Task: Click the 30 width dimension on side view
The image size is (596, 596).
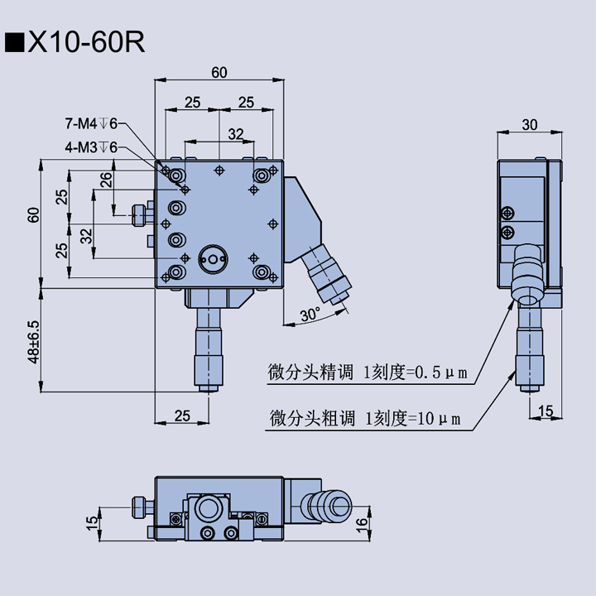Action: tap(529, 124)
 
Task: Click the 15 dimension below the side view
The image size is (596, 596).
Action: tap(546, 411)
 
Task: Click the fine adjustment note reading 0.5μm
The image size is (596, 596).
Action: tap(368, 372)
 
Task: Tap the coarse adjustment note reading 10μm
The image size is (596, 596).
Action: tap(364, 418)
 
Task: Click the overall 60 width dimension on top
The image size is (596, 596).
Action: tap(219, 73)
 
